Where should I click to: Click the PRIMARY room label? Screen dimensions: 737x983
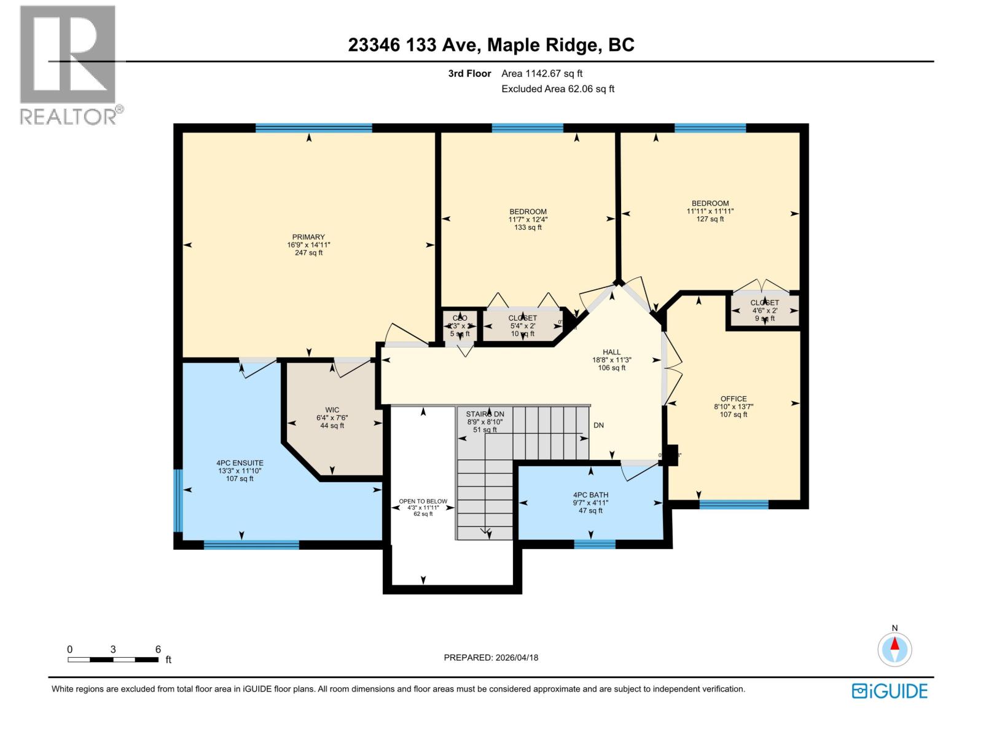click(x=308, y=244)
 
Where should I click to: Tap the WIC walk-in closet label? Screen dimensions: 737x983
click(x=332, y=418)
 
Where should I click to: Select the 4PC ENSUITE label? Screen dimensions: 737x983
click(x=240, y=470)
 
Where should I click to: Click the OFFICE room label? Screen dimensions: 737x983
click(x=734, y=407)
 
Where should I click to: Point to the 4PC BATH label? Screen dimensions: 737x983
click(x=590, y=502)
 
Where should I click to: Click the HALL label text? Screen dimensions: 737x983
click(x=611, y=360)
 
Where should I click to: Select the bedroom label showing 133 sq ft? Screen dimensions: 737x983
click(x=528, y=219)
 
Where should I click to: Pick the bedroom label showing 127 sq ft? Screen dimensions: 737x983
click(x=710, y=211)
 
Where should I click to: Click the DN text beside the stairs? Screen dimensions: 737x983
click(x=598, y=425)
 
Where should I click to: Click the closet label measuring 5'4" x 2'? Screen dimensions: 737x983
click(x=523, y=326)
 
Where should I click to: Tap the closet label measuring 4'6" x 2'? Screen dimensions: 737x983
click(x=764, y=310)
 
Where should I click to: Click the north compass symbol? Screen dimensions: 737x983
click(x=895, y=648)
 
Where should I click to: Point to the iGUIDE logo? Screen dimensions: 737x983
click(x=890, y=690)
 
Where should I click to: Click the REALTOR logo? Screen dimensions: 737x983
click(x=69, y=64)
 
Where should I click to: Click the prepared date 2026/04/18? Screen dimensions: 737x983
click(x=491, y=657)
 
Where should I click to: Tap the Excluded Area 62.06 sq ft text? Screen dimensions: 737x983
click(x=558, y=88)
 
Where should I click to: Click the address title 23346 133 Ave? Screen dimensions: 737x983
click(x=491, y=45)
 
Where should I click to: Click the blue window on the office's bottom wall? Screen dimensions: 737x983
click(x=734, y=505)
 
